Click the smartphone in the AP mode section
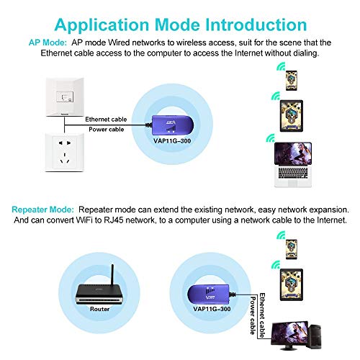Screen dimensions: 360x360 click(x=291, y=78)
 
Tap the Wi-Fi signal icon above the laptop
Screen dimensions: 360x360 click(x=270, y=138)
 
